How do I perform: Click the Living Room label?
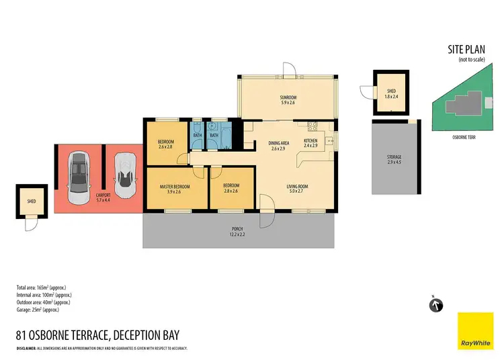tap(297, 188)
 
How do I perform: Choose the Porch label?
tap(238, 230)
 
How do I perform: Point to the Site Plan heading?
tap(465, 50)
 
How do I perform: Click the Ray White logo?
tap(475, 330)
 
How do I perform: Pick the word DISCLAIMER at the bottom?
tap(30, 348)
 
